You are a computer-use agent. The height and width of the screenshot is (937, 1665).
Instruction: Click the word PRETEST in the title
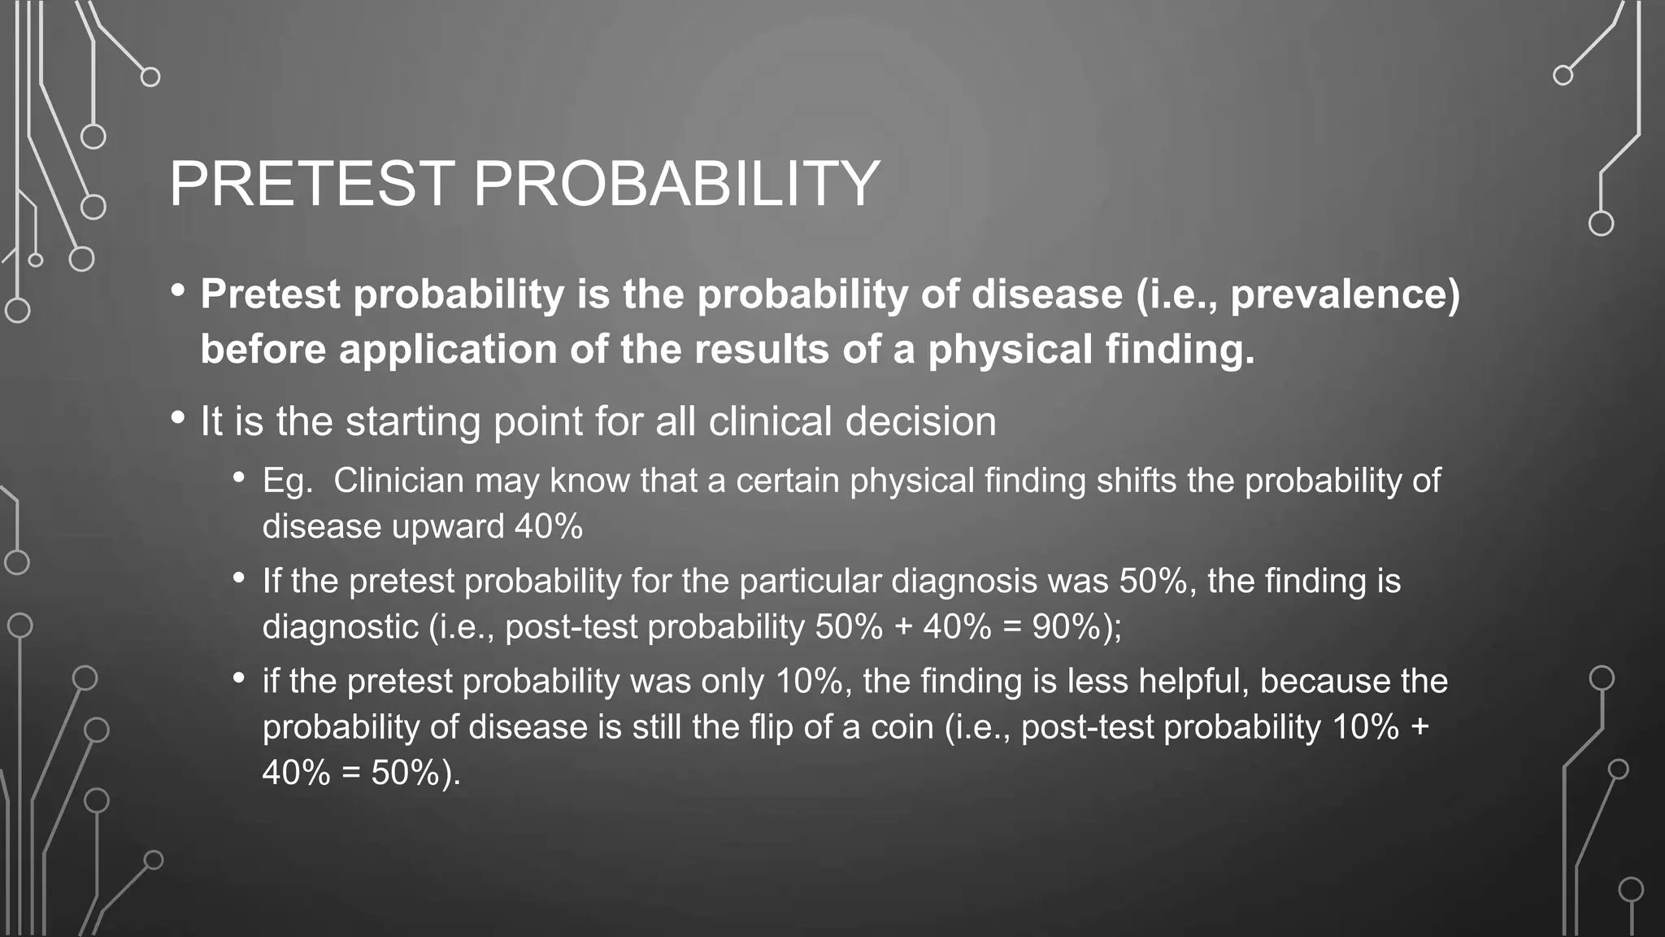[x=312, y=184]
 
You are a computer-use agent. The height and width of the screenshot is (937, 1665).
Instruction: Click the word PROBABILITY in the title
[x=676, y=184]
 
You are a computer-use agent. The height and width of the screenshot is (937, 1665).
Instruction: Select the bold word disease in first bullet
[x=1047, y=294]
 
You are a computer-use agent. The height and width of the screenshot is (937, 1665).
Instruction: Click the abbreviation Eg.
[x=287, y=482]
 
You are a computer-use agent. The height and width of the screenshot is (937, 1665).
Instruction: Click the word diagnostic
[x=340, y=627]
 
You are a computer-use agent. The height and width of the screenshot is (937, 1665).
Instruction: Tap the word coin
[x=902, y=727]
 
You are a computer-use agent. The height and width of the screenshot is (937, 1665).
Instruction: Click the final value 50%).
[x=415, y=773]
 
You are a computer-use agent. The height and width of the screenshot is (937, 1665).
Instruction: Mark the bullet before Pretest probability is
[x=178, y=290]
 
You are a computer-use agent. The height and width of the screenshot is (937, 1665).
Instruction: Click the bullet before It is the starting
[x=178, y=418]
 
